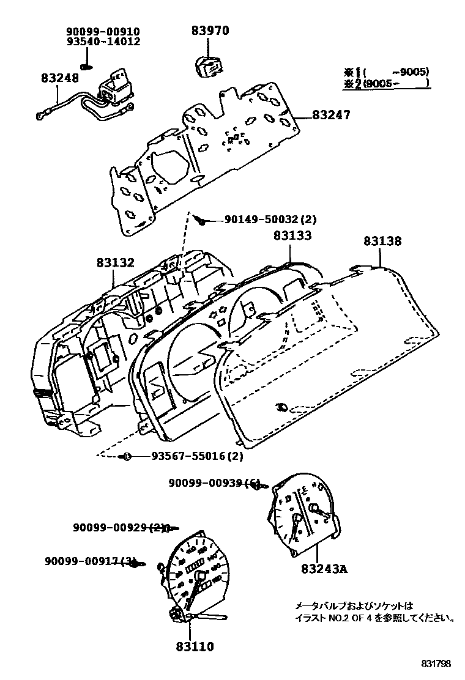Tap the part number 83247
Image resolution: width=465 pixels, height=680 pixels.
click(331, 114)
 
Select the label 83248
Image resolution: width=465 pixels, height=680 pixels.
click(60, 78)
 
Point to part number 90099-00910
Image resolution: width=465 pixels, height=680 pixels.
click(103, 31)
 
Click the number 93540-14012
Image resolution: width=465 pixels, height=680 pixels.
click(103, 42)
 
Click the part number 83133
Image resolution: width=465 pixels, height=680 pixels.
click(292, 235)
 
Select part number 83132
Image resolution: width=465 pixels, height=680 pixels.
click(115, 263)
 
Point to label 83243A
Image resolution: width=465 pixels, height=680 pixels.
click(324, 568)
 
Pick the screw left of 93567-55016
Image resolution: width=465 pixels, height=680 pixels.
click(127, 456)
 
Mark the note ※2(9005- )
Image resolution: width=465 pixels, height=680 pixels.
click(386, 83)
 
